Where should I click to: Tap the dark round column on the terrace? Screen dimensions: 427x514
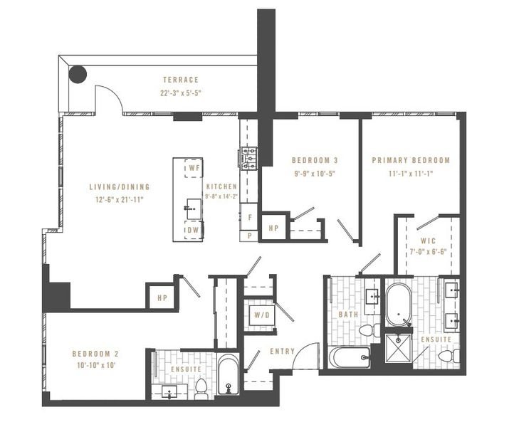[77, 73]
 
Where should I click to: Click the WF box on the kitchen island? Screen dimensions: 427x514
[191, 169]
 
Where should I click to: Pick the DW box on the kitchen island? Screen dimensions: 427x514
[191, 231]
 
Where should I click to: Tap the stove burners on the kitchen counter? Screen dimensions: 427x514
[250, 159]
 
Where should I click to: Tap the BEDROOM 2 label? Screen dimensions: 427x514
[94, 353]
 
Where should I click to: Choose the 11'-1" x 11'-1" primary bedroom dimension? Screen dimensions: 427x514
[411, 173]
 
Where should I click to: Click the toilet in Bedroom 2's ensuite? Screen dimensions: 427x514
[201, 389]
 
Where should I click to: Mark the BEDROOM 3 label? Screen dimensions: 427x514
[315, 161]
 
